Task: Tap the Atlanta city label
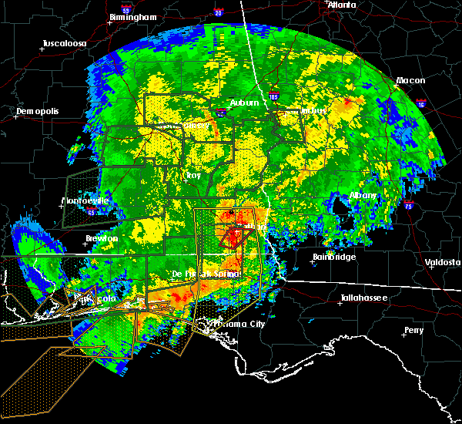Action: (x=342, y=5)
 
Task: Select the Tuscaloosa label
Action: (x=63, y=43)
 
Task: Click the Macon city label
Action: (x=410, y=80)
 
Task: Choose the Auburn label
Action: (x=244, y=103)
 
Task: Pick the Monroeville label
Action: (x=85, y=201)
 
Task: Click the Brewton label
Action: (x=102, y=238)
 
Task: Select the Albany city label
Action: (x=363, y=196)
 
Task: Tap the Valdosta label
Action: (x=443, y=262)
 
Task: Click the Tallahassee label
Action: (x=364, y=298)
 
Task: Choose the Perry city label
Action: (x=413, y=331)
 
